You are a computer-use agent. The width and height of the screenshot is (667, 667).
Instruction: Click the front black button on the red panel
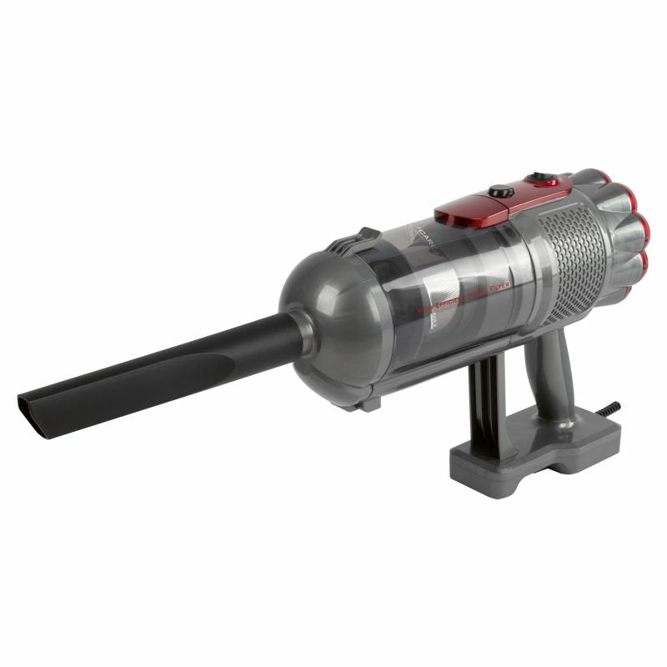(500, 193)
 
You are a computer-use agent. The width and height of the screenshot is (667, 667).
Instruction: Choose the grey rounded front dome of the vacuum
(329, 325)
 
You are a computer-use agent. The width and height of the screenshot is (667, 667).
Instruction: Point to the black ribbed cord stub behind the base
(610, 409)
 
